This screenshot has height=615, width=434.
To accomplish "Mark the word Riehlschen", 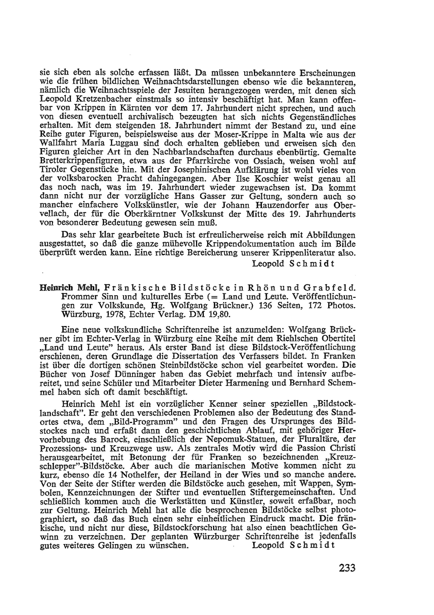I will point(283,339).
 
